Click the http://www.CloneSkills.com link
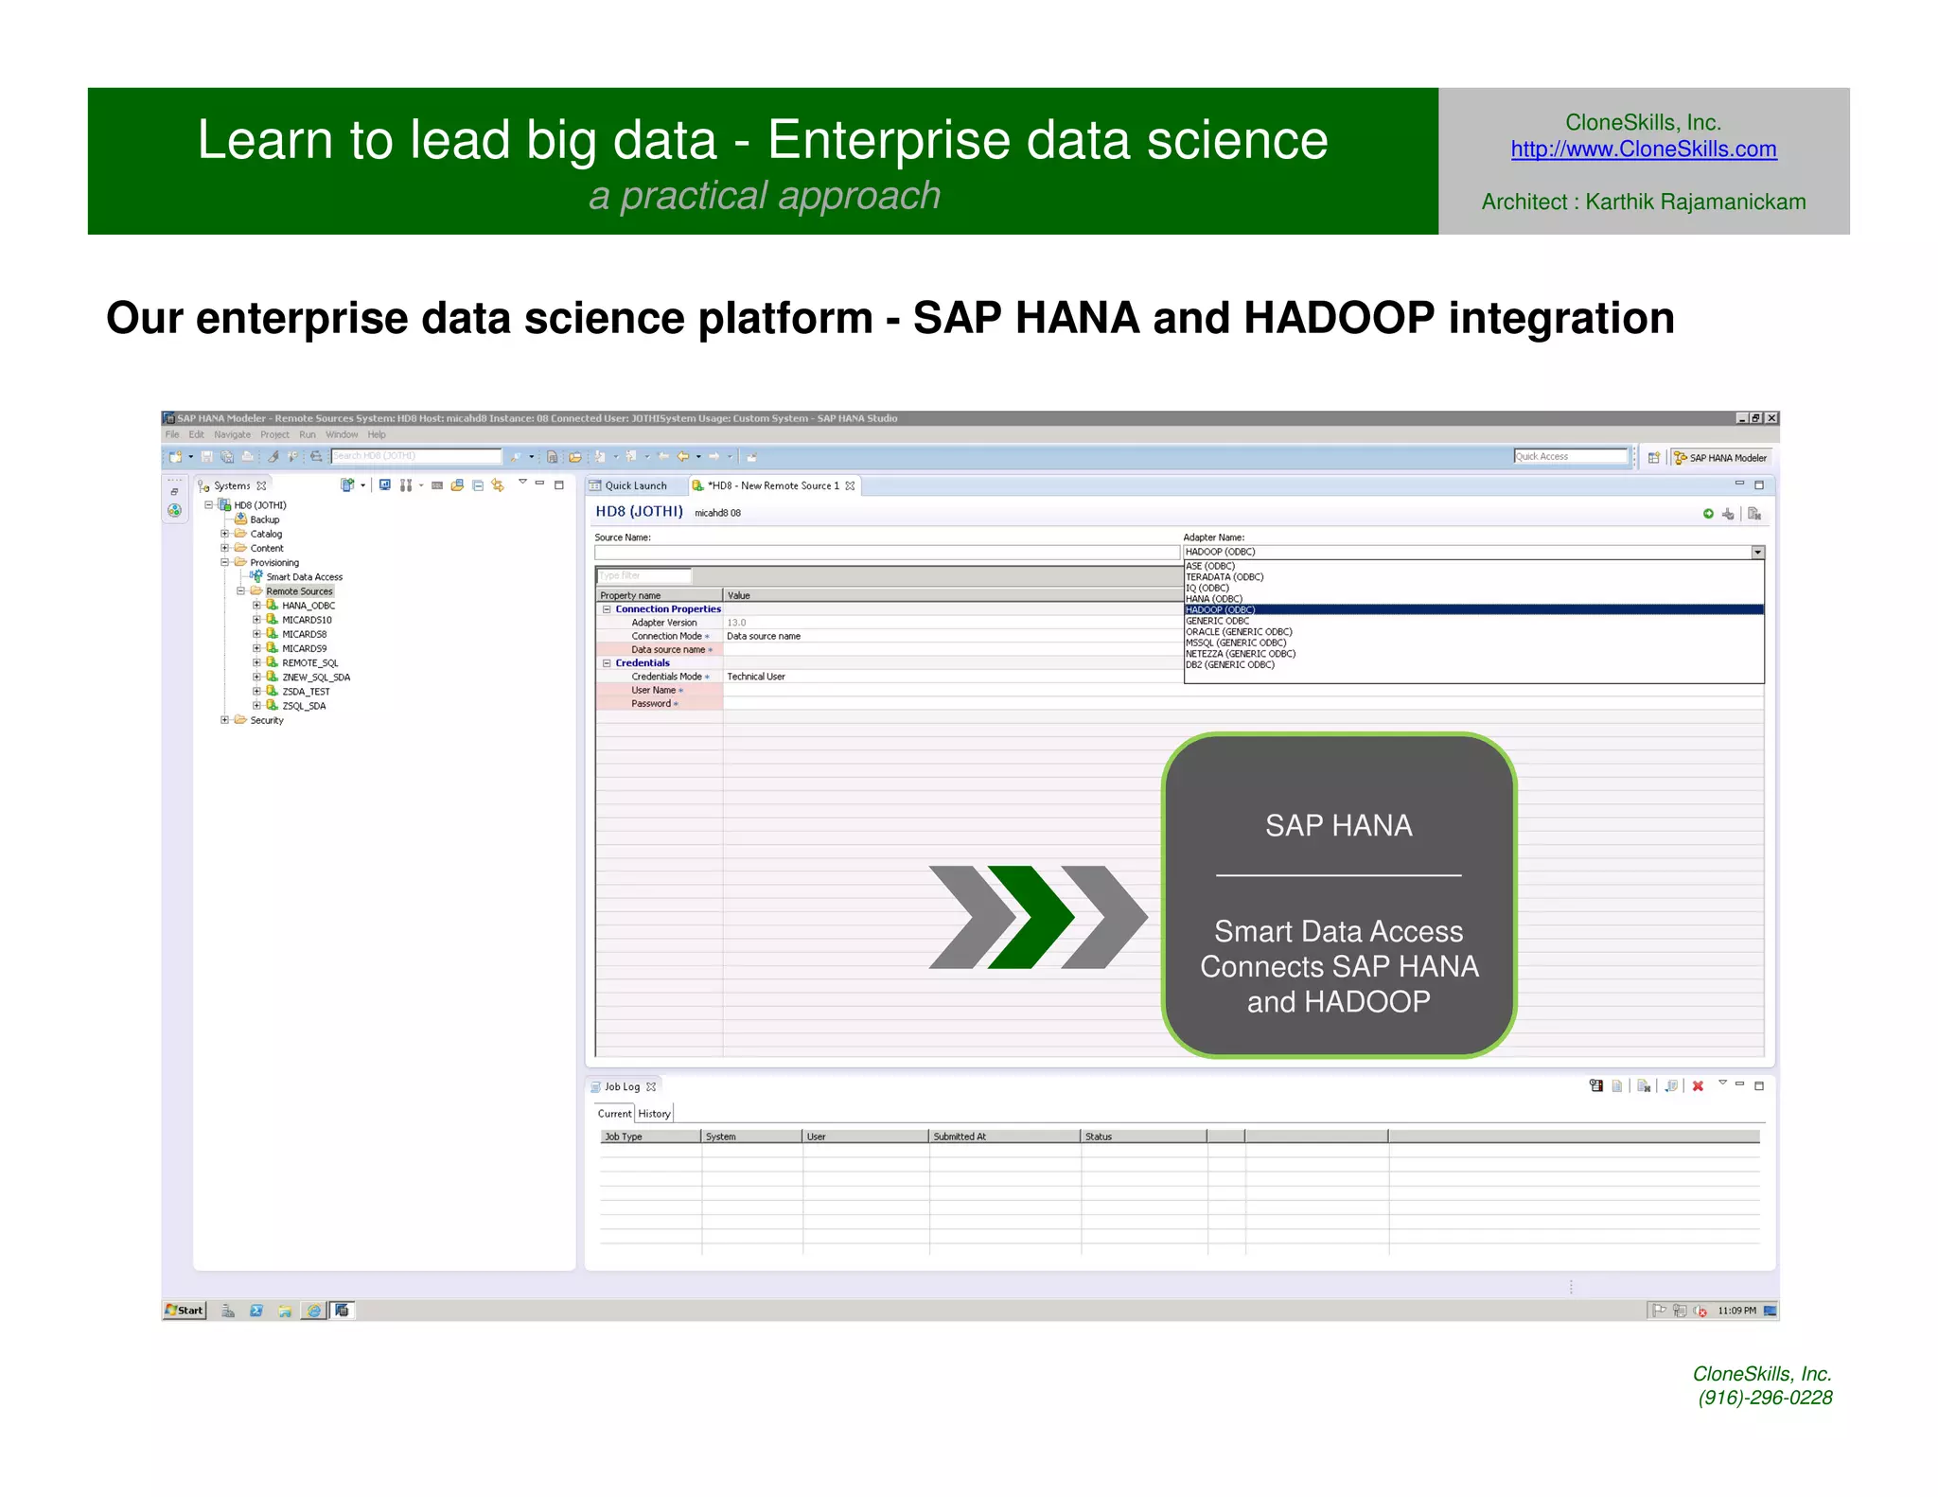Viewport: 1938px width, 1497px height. pos(1643,150)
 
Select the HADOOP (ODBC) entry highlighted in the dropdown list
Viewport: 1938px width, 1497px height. pos(1220,610)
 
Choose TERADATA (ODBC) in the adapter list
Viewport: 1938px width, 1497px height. pos(1224,577)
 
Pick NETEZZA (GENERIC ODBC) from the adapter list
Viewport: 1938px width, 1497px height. pos(1241,654)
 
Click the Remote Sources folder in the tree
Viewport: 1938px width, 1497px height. pos(299,591)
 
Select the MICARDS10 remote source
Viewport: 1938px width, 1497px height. pos(307,620)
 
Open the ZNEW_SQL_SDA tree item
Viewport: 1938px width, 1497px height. pos(316,678)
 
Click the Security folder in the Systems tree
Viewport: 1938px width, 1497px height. pos(267,720)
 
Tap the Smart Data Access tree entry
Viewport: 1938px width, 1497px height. pos(304,577)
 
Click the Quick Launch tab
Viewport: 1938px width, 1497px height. pos(635,485)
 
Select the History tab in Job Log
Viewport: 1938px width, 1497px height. pos(654,1114)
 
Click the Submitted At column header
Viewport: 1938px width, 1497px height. pos(960,1136)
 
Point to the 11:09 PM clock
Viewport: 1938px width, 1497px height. pos(1736,1311)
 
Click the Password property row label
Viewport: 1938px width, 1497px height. pos(651,704)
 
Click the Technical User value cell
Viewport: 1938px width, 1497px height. pos(756,677)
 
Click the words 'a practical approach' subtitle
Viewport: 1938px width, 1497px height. pos(765,196)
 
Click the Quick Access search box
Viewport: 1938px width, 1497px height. pos(1568,457)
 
